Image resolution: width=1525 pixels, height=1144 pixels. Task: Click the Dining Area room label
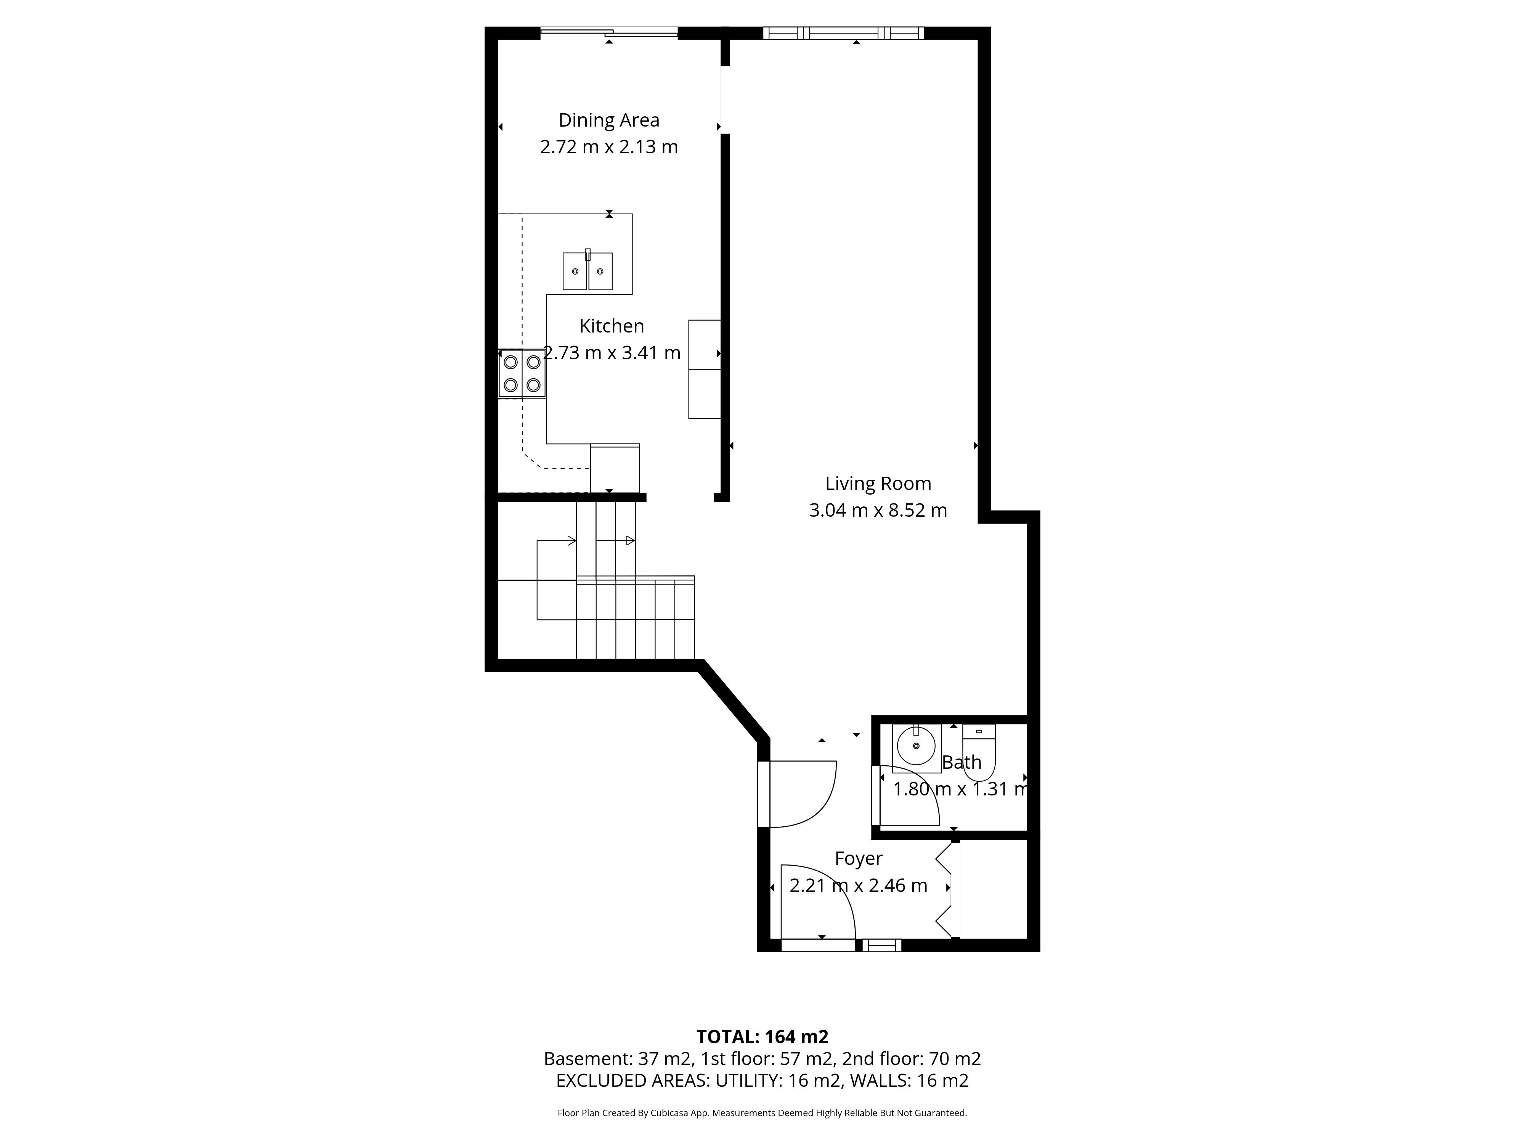pyautogui.click(x=609, y=120)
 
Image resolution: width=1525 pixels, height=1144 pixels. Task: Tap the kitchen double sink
pyautogui.click(x=588, y=270)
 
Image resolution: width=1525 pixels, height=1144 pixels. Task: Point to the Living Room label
pyautogui.click(x=878, y=484)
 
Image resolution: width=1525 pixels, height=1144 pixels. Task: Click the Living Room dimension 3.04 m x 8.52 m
pyautogui.click(x=878, y=510)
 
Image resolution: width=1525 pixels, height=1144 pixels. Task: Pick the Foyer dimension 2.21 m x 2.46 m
pyautogui.click(x=858, y=885)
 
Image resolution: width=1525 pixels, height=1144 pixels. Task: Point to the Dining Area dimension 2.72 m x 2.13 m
pyautogui.click(x=609, y=147)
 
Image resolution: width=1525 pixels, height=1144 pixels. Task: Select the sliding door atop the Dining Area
pyautogui.click(x=609, y=32)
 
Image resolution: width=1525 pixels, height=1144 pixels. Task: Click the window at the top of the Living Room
pyautogui.click(x=843, y=32)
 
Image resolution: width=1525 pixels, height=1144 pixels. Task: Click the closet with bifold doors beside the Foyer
pyautogui.click(x=990, y=889)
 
